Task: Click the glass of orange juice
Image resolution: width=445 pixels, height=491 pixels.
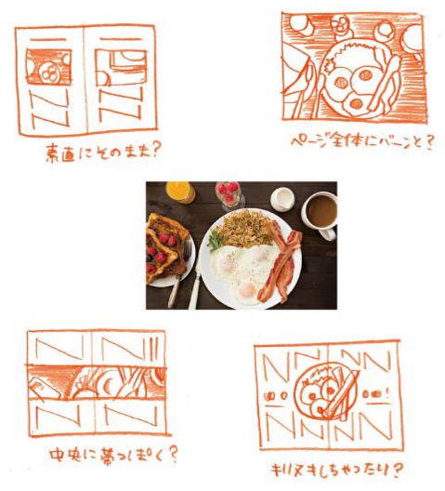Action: [179, 192]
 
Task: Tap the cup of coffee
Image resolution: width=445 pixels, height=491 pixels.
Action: [319, 211]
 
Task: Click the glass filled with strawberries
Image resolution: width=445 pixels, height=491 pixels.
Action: [227, 193]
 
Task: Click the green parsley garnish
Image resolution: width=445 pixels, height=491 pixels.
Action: [215, 240]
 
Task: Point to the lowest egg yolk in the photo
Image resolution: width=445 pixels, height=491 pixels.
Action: [247, 291]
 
